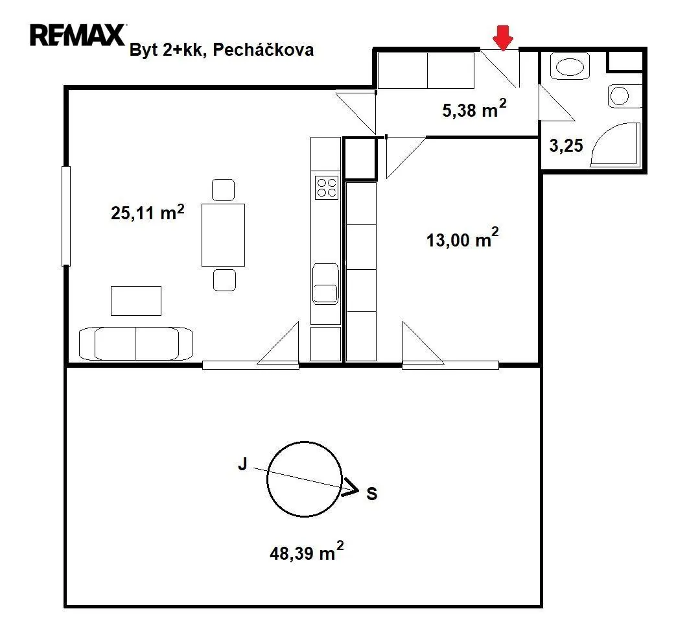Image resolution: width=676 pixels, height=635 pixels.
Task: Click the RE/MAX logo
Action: coord(78,35)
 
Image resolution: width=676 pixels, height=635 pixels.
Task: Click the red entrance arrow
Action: coord(503,38)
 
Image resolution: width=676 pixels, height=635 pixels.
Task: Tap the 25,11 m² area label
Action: coord(147,212)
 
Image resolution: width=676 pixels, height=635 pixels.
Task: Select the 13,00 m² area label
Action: coord(462,237)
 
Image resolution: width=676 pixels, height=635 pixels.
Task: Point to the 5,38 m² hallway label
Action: coord(474,109)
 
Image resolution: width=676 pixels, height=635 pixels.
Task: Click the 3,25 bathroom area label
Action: coord(566,146)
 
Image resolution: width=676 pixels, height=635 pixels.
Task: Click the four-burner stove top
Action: coord(327,187)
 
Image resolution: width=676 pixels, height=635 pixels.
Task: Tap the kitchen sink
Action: coord(325,284)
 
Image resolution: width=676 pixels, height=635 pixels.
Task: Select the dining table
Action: coord(224,235)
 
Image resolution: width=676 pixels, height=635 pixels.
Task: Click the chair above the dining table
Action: coord(224,190)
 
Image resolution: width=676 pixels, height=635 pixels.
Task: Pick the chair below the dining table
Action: coord(225,280)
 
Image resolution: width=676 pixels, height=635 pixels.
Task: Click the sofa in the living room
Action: coord(136,343)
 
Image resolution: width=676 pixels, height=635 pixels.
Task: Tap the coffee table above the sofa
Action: coord(136,301)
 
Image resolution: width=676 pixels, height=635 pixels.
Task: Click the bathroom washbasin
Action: coord(570,66)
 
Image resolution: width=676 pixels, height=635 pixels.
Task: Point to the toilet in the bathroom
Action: coord(624,95)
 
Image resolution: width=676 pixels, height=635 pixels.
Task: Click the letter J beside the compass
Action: coord(242,464)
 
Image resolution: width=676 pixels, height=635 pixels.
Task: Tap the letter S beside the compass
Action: coord(371,493)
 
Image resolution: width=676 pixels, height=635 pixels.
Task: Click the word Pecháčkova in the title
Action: coord(263,50)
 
